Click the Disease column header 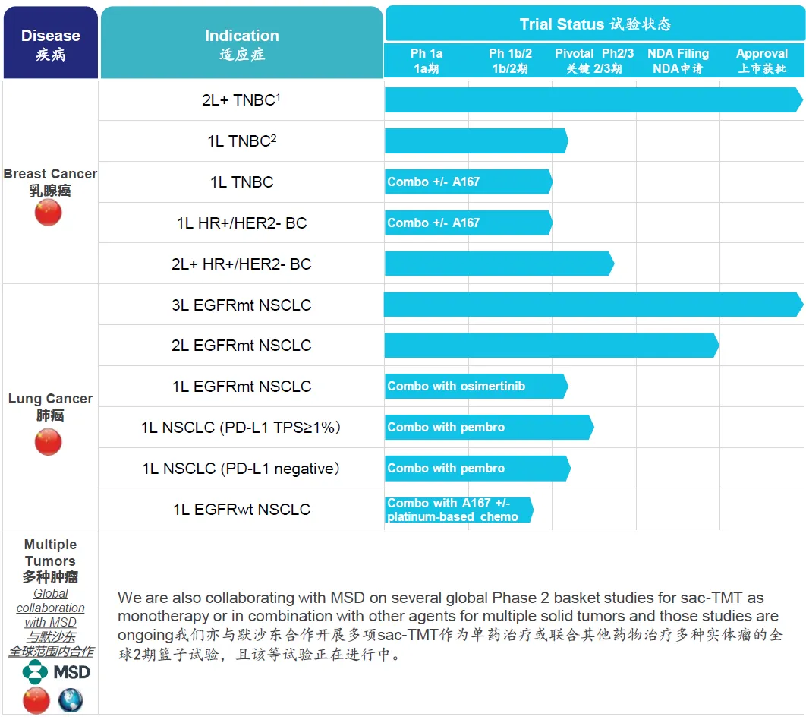[50, 44]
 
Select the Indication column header [241, 44]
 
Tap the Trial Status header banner [594, 24]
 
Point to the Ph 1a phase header [427, 61]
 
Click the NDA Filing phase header [678, 61]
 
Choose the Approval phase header [761, 61]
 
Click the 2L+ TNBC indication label [241, 99]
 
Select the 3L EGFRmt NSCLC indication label [241, 305]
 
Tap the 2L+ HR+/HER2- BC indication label [241, 264]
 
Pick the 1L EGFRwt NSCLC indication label [241, 510]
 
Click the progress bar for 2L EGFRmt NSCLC [550, 346]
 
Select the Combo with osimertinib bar [475, 386]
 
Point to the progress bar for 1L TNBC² [475, 141]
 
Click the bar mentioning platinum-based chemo [458, 510]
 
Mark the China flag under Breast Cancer [48, 213]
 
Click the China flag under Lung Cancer [48, 441]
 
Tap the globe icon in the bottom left [71, 699]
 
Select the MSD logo [56, 672]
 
